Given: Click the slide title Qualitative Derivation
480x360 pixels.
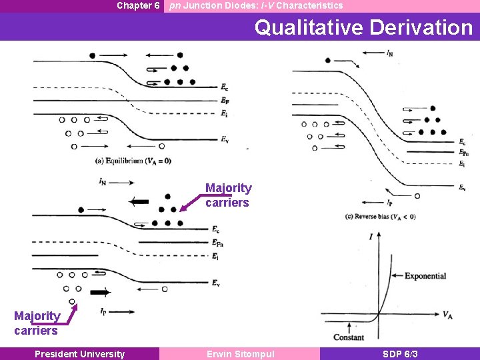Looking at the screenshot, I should tap(363, 27).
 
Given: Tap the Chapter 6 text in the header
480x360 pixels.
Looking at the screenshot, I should tap(138, 5).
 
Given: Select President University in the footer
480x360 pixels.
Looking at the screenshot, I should tap(79, 354).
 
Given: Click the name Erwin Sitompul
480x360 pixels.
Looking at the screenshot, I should tap(240, 354).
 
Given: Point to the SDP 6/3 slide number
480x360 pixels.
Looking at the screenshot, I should tap(400, 354).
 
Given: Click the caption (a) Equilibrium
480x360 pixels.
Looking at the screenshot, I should tap(133, 161).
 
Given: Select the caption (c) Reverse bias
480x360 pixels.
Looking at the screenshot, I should tap(380, 216).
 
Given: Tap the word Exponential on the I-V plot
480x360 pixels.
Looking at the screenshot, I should tap(425, 276).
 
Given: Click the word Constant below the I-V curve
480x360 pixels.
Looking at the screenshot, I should tap(348, 337).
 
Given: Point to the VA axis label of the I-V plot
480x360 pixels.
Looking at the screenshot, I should tap(449, 315).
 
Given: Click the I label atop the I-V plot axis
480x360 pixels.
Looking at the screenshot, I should tap(379, 235).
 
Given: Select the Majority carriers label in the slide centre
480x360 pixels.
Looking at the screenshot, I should tap(228, 195).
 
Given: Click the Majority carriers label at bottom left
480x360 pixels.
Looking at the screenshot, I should tap(37, 323).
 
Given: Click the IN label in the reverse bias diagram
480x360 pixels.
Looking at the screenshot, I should tap(389, 51).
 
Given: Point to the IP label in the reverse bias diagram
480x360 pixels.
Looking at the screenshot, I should tap(389, 201).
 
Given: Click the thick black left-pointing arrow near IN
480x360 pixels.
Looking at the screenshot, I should tap(139, 201).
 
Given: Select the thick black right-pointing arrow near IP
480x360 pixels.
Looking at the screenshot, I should tap(101, 292).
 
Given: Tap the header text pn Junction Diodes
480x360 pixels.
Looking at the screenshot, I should tap(256, 5).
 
